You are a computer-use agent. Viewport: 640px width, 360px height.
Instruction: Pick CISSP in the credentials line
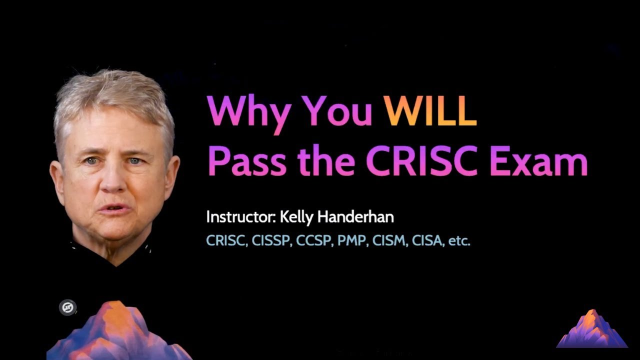[x=271, y=241]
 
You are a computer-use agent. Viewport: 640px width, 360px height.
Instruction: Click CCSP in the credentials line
[x=314, y=241]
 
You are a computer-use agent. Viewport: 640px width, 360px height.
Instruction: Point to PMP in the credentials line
[x=352, y=241]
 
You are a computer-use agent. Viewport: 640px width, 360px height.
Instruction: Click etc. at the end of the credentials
[x=459, y=241]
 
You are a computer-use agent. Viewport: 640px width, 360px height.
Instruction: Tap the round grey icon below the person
[x=67, y=307]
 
